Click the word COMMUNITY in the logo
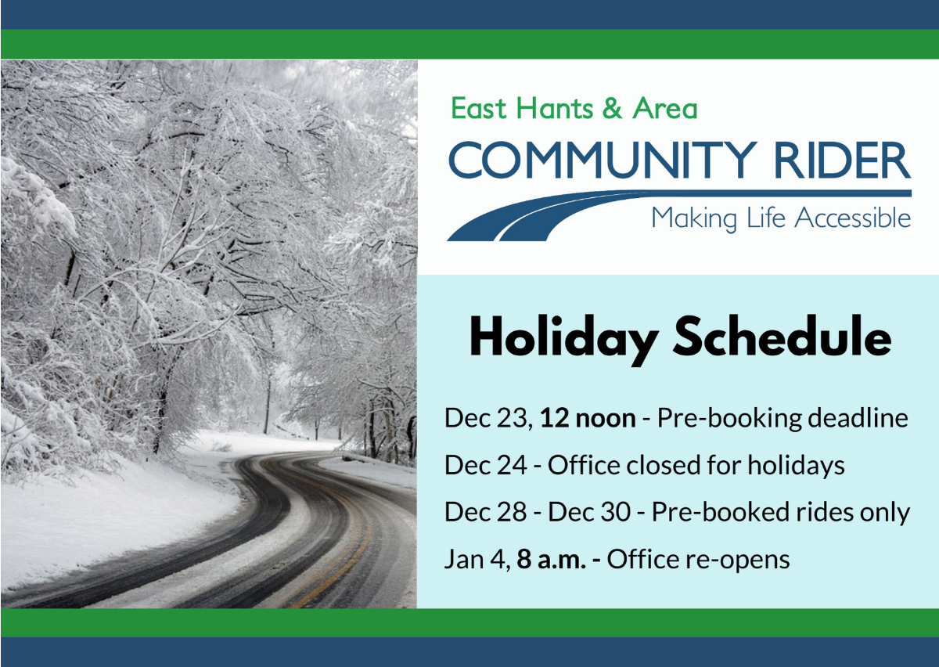click(603, 160)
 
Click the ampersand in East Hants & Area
click(612, 108)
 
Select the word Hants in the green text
click(554, 108)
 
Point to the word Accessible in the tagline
click(853, 218)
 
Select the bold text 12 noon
click(588, 418)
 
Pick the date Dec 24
click(485, 466)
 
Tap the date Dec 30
click(589, 513)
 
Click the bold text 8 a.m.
click(551, 560)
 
